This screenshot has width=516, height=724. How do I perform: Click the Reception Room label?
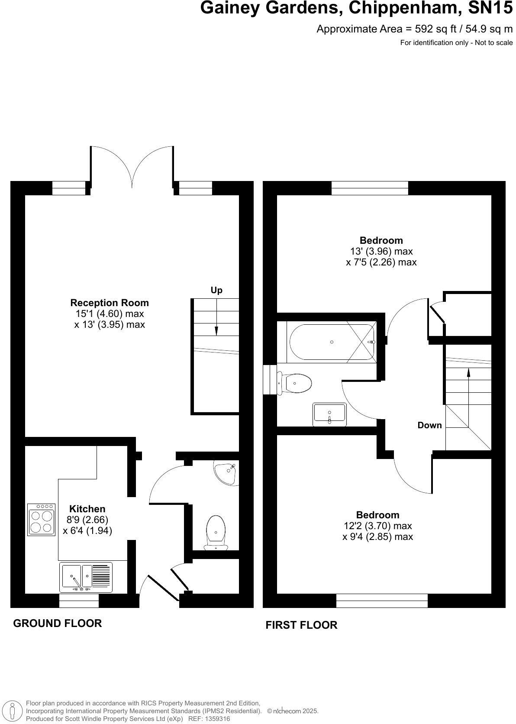coord(110,303)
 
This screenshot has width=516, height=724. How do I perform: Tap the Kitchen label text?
coord(87,509)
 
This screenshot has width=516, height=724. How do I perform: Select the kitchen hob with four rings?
coord(42,520)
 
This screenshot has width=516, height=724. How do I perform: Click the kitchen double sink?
coord(86,577)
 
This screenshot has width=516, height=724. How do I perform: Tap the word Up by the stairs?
coord(216,290)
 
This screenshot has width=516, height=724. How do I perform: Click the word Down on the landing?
coord(429,425)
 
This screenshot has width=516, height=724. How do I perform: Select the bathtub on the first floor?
coord(332,342)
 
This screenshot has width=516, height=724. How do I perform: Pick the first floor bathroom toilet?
coord(295,383)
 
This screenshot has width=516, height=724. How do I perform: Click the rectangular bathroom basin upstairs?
coord(329,414)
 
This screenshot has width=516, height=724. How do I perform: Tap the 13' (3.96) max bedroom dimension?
coord(381,251)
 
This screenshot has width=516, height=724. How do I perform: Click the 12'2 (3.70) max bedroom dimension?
coord(378,526)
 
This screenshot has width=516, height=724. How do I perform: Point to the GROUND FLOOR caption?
coord(58,623)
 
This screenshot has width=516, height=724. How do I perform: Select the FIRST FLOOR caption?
coord(301,625)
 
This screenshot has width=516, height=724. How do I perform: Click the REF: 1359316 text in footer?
coord(210,719)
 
